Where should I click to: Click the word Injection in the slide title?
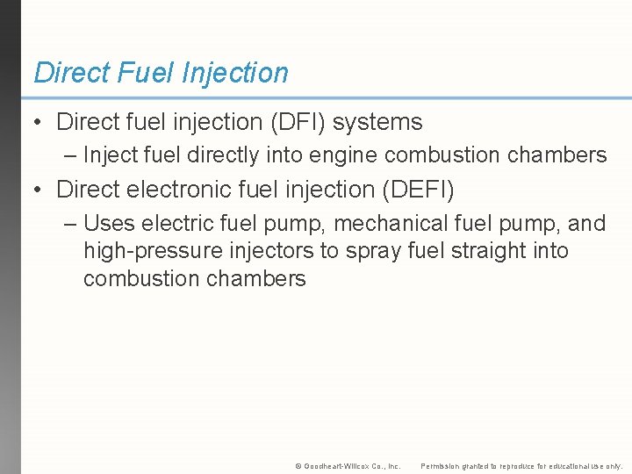234,73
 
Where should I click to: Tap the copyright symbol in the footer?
298,466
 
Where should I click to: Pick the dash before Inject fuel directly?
71,156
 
